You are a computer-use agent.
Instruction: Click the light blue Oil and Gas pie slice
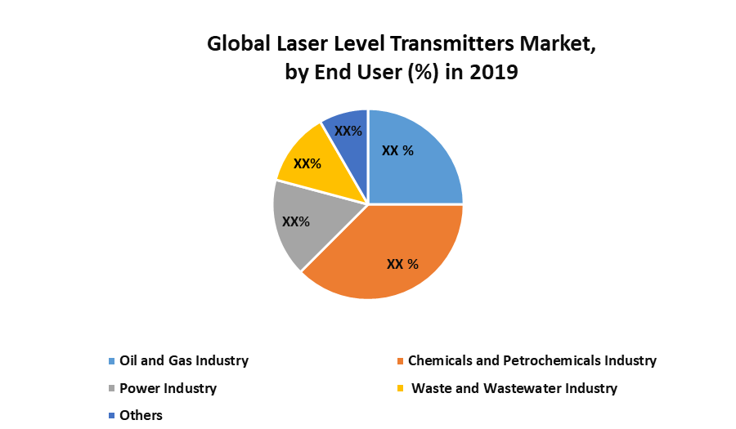(421, 168)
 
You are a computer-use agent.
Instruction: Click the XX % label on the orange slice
(402, 264)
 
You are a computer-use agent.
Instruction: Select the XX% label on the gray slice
(295, 221)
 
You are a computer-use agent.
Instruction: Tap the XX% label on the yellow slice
(307, 163)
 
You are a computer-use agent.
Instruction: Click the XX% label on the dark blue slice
(348, 131)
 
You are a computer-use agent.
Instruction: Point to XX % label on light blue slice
(397, 150)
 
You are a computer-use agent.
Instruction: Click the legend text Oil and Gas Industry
(184, 360)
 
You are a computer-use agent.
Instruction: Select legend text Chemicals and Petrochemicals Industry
(532, 360)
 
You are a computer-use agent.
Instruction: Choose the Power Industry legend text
(168, 388)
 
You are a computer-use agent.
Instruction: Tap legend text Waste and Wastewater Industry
(514, 388)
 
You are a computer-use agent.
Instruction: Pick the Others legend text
(141, 415)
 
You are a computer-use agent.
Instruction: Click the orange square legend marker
(400, 361)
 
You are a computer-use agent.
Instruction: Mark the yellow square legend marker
(400, 389)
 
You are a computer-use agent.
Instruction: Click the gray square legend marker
(111, 389)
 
